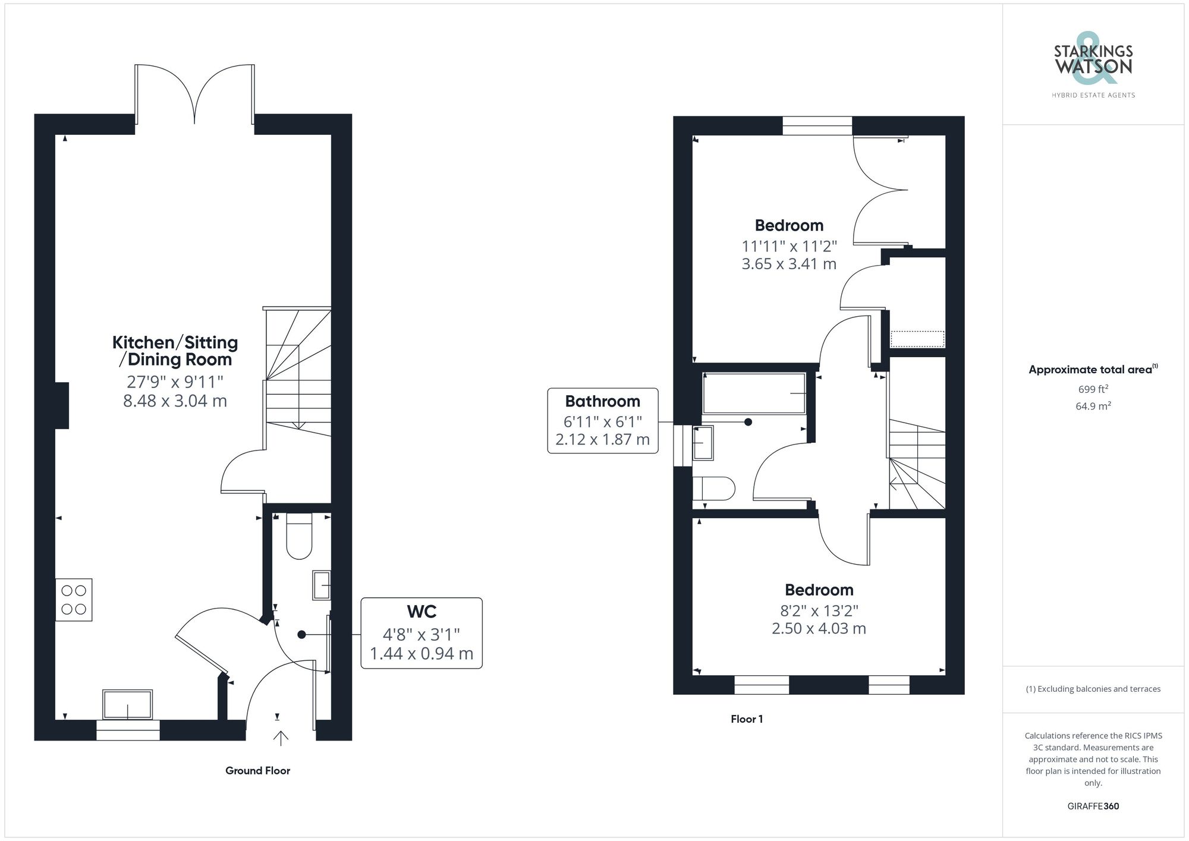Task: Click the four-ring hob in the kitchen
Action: click(74, 600)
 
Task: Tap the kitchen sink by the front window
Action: click(127, 704)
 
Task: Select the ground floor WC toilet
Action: click(299, 536)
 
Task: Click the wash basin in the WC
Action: click(321, 585)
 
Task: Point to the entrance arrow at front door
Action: click(280, 738)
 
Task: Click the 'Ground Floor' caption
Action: click(257, 771)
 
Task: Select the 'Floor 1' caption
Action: click(747, 719)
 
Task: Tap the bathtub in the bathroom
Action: click(754, 393)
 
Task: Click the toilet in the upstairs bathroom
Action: click(714, 489)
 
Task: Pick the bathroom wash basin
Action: click(703, 442)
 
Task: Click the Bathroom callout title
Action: click(602, 401)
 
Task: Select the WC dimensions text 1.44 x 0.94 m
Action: click(422, 654)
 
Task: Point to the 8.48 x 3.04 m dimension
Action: click(175, 401)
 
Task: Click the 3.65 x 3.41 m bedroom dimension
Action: click(789, 264)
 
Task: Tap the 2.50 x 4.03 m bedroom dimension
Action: click(819, 629)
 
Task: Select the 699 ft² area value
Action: click(1093, 389)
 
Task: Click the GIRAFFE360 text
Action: click(1093, 807)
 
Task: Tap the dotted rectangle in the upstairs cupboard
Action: click(917, 339)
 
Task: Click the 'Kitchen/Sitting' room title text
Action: click(175, 342)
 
